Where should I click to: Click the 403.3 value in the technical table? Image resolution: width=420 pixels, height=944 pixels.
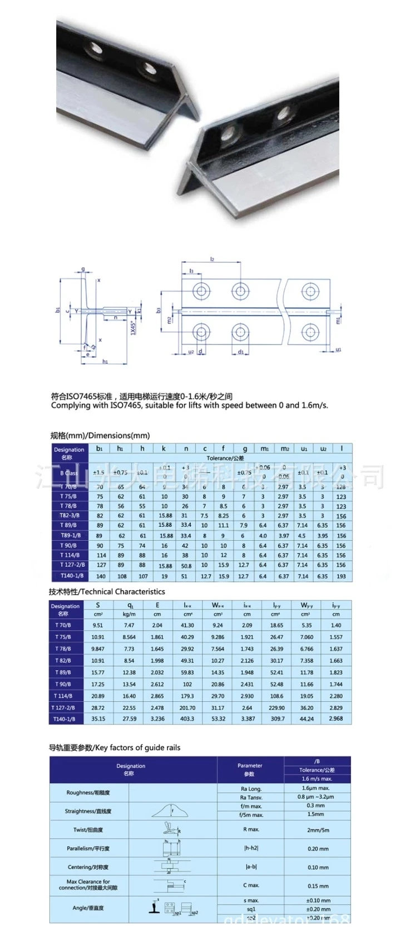pyautogui.click(x=187, y=719)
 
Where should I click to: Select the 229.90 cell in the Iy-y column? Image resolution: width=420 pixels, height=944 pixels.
pyautogui.click(x=276, y=708)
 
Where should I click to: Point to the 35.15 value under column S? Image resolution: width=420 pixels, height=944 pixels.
pyautogui.click(x=98, y=719)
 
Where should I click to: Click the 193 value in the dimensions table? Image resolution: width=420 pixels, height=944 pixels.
pyautogui.click(x=342, y=576)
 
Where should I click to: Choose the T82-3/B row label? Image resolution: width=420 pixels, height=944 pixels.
pyautogui.click(x=70, y=516)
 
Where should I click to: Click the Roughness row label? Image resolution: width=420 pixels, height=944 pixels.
pyautogui.click(x=88, y=793)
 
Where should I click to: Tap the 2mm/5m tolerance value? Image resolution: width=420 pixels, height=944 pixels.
pyautogui.click(x=318, y=830)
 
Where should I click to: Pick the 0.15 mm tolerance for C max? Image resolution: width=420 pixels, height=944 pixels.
pyautogui.click(x=318, y=886)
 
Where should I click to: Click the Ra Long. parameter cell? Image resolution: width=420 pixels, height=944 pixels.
pyautogui.click(x=251, y=789)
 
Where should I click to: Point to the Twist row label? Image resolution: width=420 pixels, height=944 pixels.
pyautogui.click(x=88, y=830)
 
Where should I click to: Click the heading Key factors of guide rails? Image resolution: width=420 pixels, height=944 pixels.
pyautogui.click(x=115, y=748)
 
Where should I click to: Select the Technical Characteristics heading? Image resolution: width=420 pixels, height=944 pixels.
pyautogui.click(x=107, y=592)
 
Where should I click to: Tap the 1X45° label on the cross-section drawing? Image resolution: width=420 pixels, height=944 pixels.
pyautogui.click(x=132, y=328)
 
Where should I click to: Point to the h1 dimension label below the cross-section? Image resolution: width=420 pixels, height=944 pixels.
pyautogui.click(x=105, y=362)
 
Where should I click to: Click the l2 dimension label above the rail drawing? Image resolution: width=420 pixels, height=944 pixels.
pyautogui.click(x=213, y=259)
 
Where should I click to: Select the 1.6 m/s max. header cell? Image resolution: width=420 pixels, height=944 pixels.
pyautogui.click(x=317, y=778)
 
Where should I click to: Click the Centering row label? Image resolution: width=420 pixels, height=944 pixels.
pyautogui.click(x=88, y=867)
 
